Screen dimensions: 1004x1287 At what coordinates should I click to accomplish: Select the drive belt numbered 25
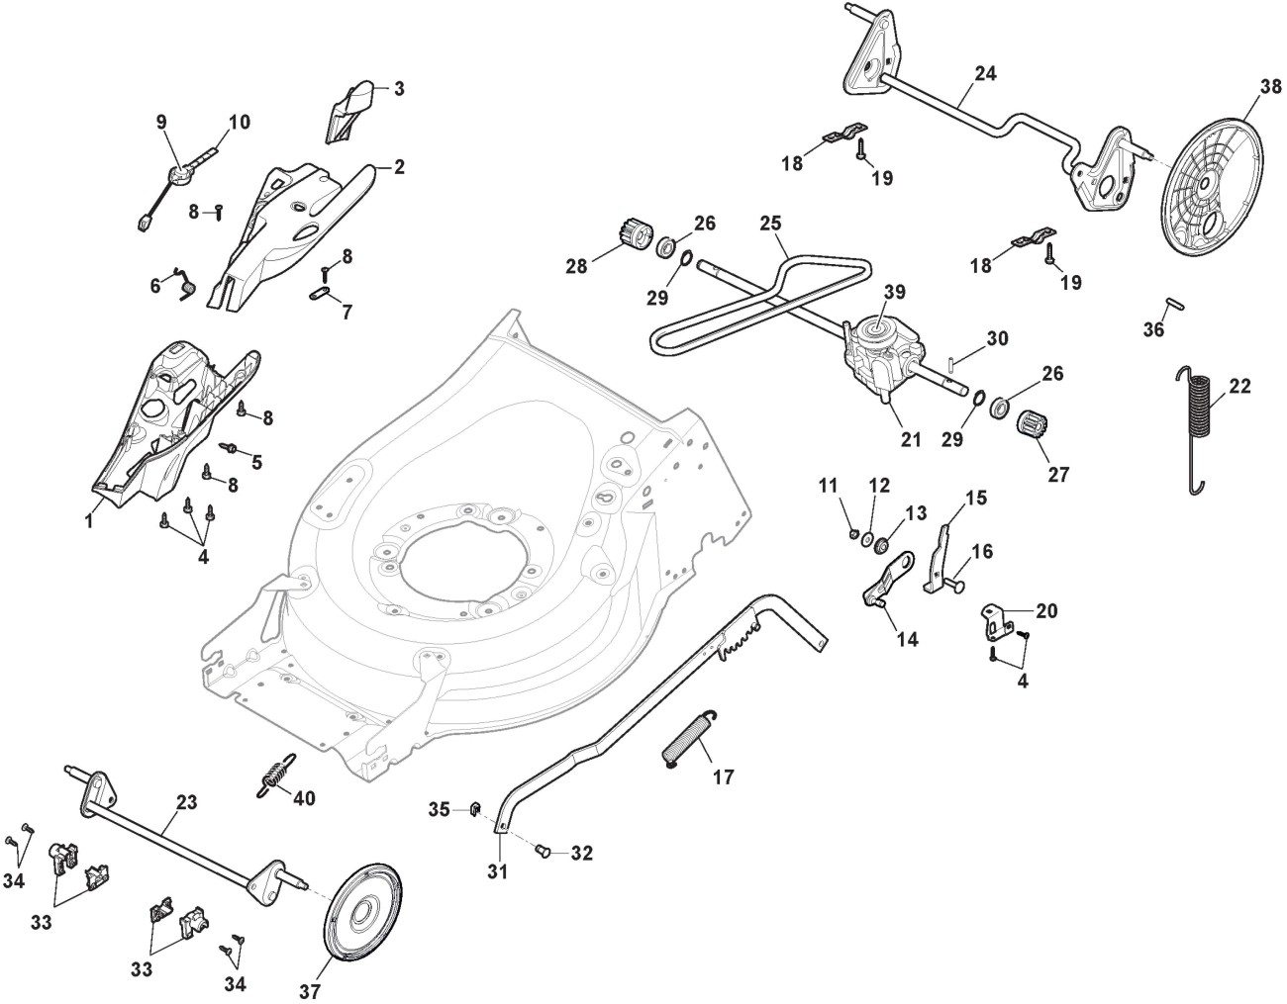click(x=762, y=297)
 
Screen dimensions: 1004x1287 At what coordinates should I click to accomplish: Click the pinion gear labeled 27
click(x=1033, y=428)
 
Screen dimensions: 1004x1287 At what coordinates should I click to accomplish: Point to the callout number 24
click(x=985, y=73)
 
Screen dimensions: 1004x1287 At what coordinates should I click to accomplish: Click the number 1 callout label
click(x=89, y=518)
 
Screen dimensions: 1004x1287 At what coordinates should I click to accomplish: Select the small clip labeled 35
click(x=473, y=811)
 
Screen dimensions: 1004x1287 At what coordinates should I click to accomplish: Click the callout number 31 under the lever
click(x=496, y=871)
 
